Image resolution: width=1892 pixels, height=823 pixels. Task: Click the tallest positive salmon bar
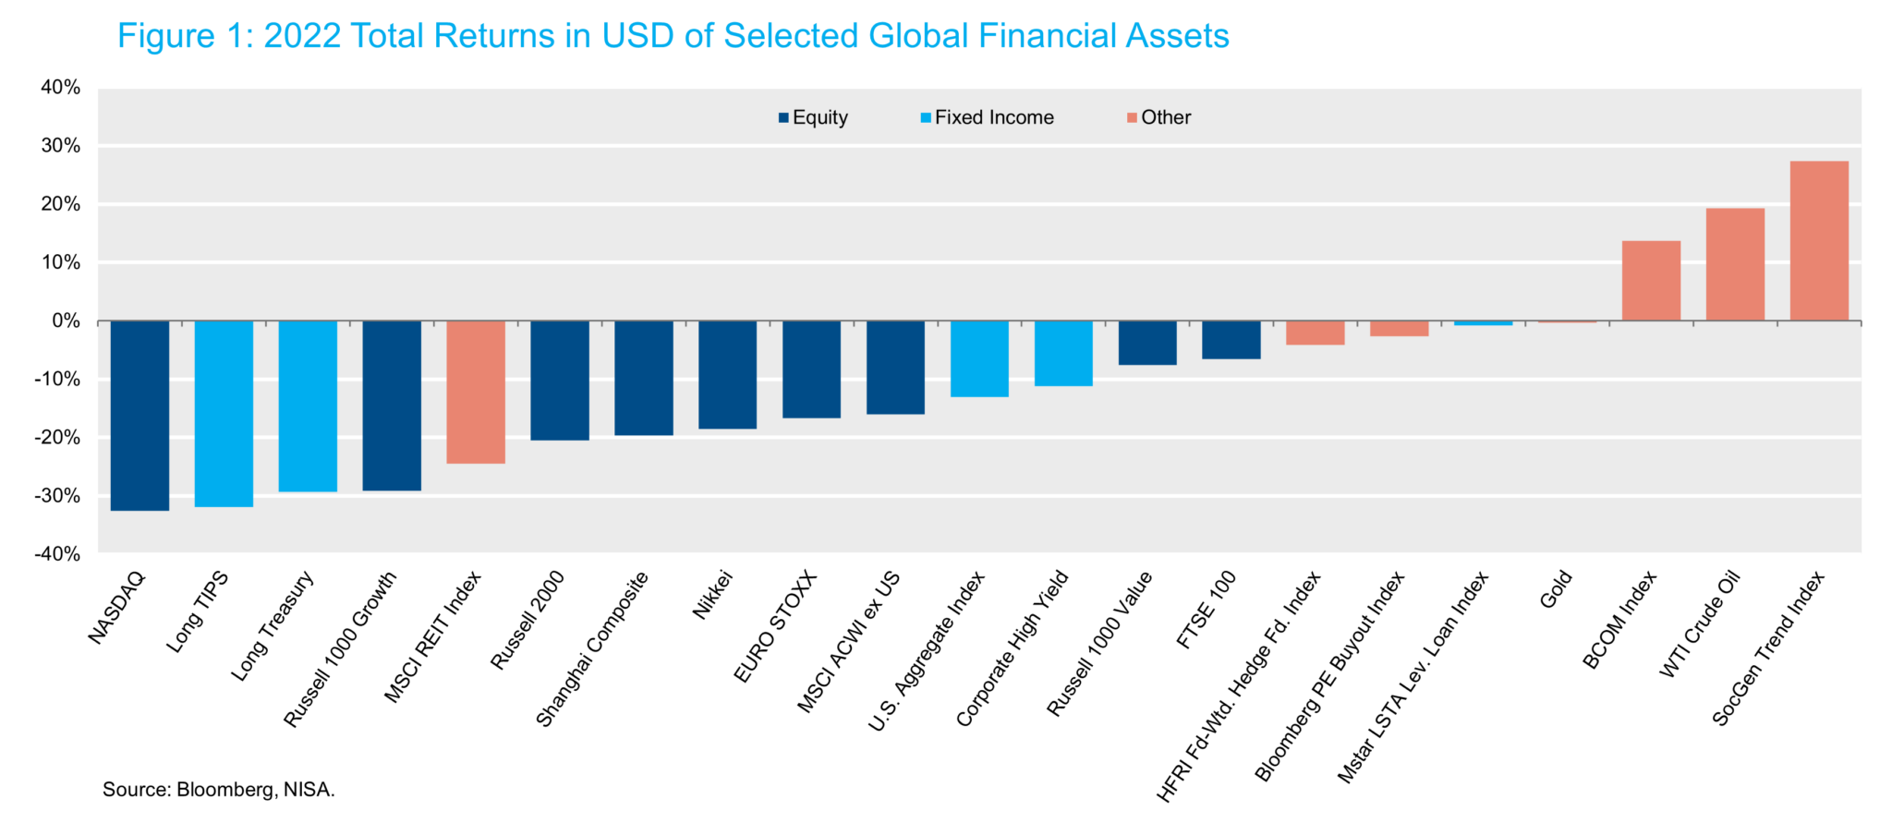1819,241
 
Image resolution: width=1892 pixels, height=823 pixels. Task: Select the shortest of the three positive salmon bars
1651,281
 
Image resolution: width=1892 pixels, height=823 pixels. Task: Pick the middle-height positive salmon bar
1735,264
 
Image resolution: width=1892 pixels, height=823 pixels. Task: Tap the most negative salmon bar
476,392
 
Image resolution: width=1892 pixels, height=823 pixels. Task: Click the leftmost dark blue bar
139,416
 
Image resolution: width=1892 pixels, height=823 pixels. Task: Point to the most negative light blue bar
224,414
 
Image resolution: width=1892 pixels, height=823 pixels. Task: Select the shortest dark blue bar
1231,340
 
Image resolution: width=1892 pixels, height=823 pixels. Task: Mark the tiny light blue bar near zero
1483,323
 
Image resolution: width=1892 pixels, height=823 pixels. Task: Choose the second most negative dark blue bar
392,405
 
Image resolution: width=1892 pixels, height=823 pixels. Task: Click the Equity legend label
819,117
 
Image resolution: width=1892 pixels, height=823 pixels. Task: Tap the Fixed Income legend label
994,117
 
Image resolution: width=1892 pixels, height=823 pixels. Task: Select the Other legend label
1166,117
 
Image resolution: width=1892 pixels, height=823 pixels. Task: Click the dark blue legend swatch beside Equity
783,118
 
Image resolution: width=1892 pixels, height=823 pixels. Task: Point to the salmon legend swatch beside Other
1132,118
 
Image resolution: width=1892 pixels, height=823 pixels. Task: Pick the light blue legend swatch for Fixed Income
926,118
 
